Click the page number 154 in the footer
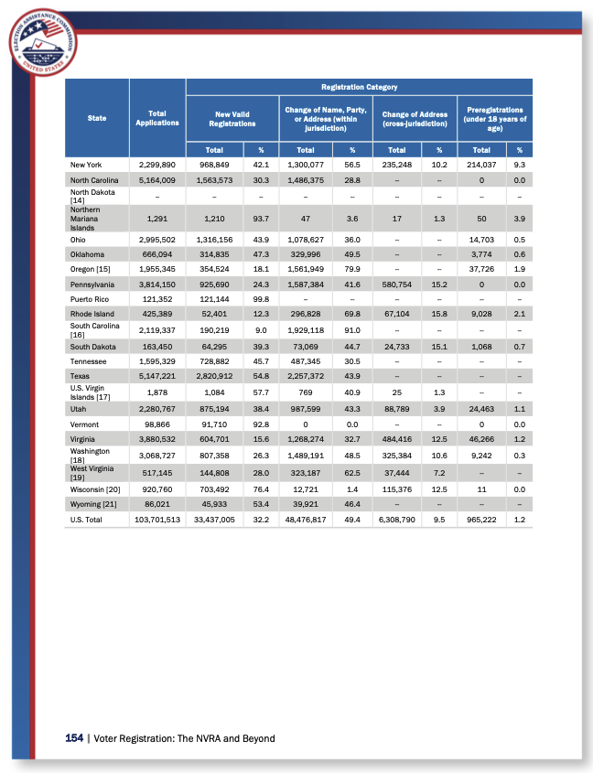click(x=74, y=738)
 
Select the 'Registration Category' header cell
click(x=359, y=87)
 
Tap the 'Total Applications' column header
click(x=157, y=118)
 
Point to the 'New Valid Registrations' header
click(x=232, y=118)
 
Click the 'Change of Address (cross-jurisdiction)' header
click(x=414, y=118)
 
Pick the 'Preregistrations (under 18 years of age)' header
click(x=495, y=118)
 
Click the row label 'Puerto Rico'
click(x=88, y=298)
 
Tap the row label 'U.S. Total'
click(x=88, y=520)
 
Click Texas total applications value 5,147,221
click(x=156, y=376)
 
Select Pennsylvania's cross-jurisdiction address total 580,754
click(x=397, y=284)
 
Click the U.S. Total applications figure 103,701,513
click(x=156, y=520)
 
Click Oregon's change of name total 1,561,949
click(x=306, y=269)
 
